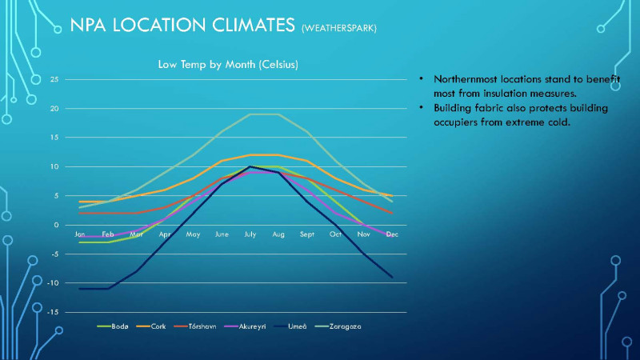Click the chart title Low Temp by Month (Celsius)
coord(227,63)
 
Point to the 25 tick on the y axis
coord(54,79)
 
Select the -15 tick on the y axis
coord(53,312)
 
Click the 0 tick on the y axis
coord(56,225)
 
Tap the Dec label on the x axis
coord(392,234)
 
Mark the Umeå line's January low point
coord(80,289)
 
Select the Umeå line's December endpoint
coord(392,278)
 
